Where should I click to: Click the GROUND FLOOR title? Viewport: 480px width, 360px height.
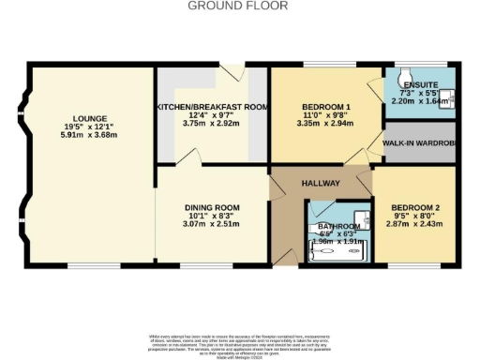tap(239, 6)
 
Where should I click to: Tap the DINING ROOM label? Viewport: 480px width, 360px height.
tap(212, 207)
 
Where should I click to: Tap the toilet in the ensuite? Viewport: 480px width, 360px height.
tap(403, 76)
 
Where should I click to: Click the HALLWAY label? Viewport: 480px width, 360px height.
tap(320, 184)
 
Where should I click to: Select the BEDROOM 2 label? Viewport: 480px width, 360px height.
tap(413, 207)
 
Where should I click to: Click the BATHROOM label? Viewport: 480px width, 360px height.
tap(337, 226)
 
